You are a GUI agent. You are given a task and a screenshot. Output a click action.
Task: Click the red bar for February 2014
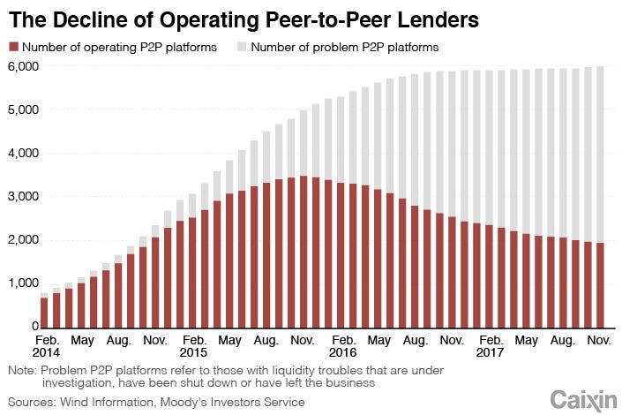(44, 313)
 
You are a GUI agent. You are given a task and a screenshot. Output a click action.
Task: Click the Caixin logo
(582, 399)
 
